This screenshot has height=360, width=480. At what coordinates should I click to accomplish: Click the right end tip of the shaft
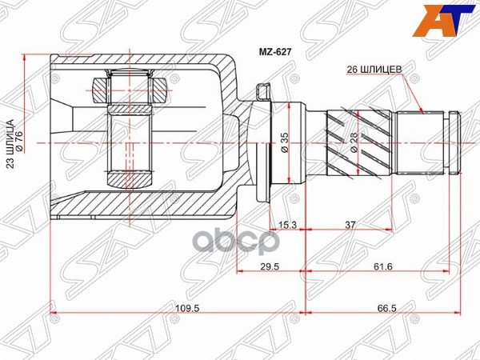click(x=459, y=142)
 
